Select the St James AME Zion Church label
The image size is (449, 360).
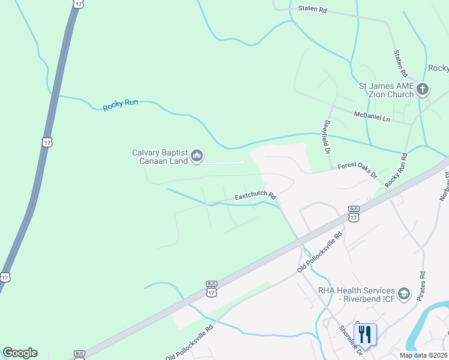[386, 90]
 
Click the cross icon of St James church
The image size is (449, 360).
[423, 90]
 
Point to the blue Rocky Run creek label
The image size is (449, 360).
[120, 105]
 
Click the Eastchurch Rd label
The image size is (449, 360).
[255, 196]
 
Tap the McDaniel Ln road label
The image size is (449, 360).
[372, 116]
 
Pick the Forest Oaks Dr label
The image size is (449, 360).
[357, 170]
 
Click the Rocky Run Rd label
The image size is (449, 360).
[396, 171]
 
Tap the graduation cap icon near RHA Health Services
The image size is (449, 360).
[405, 294]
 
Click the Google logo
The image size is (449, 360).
[20, 353]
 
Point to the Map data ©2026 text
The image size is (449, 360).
[423, 355]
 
